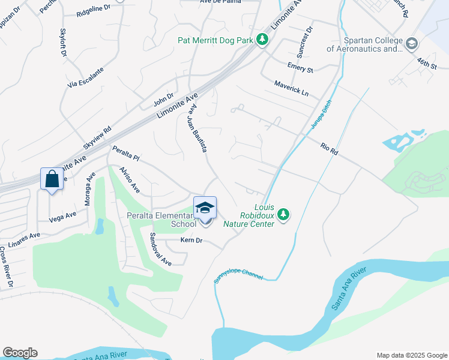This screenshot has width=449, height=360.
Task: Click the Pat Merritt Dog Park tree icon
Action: tap(262, 40)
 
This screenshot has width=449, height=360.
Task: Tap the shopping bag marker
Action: tap(52, 179)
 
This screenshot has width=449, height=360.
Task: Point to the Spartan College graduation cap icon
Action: tap(411, 44)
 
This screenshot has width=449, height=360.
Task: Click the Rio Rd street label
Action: tap(330, 149)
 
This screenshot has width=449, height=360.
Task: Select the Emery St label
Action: tap(300, 67)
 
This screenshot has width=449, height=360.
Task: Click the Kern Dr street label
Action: tap(192, 241)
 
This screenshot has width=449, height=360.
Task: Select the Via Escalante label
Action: tap(86, 78)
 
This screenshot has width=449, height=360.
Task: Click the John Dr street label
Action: tap(163, 95)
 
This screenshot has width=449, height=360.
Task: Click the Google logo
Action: tap(20, 353)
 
